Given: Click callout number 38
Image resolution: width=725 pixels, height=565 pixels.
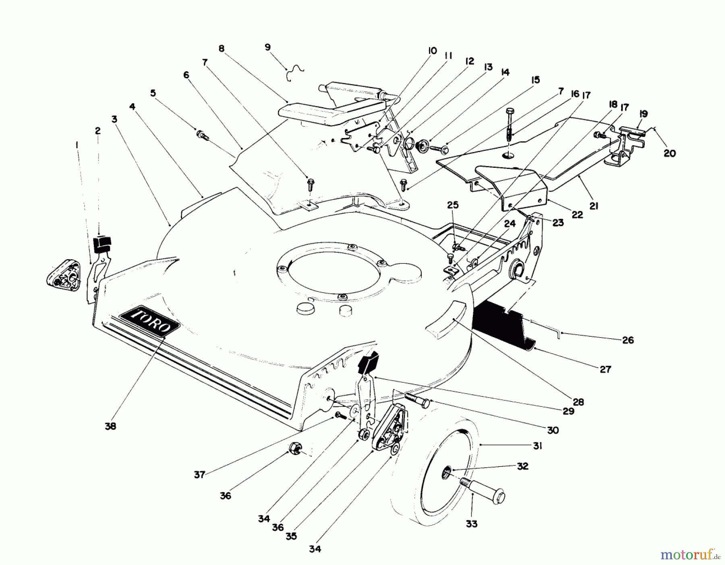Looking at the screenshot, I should (x=110, y=426).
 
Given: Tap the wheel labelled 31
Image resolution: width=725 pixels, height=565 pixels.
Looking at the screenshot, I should (x=435, y=475).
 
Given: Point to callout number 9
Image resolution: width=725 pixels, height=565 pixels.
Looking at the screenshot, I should (x=268, y=47).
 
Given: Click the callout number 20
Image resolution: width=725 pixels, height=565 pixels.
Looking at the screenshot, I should (x=669, y=153).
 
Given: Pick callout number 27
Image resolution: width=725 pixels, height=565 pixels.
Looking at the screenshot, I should (x=605, y=369).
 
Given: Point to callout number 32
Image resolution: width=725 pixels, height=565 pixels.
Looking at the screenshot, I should (x=523, y=466).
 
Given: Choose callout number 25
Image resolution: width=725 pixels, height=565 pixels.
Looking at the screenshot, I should (x=453, y=205).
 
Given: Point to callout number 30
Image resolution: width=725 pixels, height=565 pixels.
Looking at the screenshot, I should (x=553, y=430).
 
